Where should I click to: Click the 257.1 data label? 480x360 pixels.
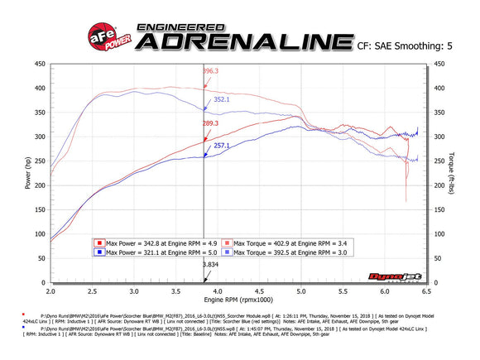click(x=222, y=145)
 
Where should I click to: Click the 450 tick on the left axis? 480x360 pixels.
click(x=39, y=63)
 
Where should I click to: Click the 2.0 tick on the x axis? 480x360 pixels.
click(x=50, y=291)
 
